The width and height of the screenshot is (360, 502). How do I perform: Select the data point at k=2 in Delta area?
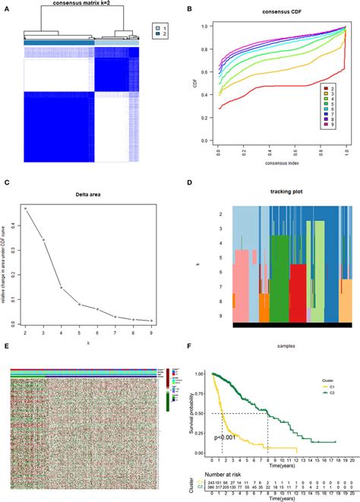pyautogui.click(x=25, y=208)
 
